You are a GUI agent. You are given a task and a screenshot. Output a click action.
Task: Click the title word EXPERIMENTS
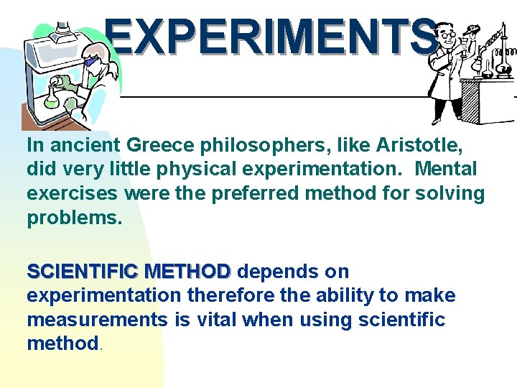[271, 37]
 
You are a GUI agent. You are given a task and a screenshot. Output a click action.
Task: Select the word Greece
[157, 145]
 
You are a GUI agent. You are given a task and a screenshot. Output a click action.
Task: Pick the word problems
[75, 218]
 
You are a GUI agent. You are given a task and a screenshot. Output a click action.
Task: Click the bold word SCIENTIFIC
[82, 272]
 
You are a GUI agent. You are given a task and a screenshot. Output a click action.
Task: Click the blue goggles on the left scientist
[91, 63]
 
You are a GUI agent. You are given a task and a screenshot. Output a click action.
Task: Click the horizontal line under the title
[273, 96]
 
